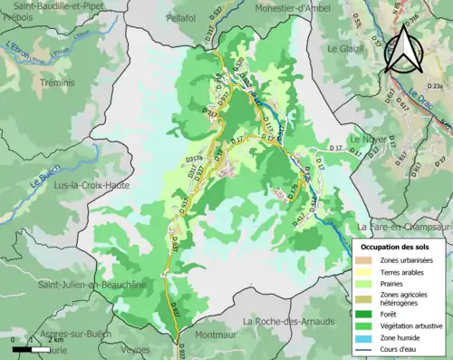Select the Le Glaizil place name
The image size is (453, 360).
click(x=345, y=47)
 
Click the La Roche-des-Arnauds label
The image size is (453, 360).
click(x=288, y=321)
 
